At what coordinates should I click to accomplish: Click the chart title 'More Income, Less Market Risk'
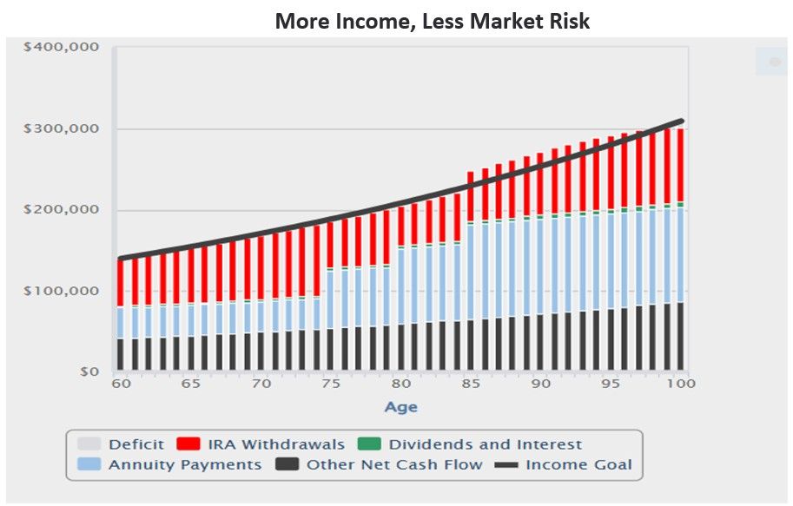(x=432, y=21)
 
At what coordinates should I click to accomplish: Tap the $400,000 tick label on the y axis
(x=62, y=48)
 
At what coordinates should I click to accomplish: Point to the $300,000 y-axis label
(x=62, y=129)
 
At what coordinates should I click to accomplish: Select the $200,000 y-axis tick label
(x=62, y=210)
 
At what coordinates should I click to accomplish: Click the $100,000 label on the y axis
(x=62, y=291)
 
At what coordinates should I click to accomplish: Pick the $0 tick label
(x=88, y=372)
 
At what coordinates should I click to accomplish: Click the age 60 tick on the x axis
(x=122, y=384)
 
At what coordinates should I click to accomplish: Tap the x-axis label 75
(x=330, y=384)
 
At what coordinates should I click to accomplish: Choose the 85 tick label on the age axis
(x=470, y=384)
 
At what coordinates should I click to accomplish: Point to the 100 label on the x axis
(x=679, y=384)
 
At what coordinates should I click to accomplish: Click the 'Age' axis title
(x=400, y=407)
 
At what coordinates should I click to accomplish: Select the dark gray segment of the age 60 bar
(x=121, y=355)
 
